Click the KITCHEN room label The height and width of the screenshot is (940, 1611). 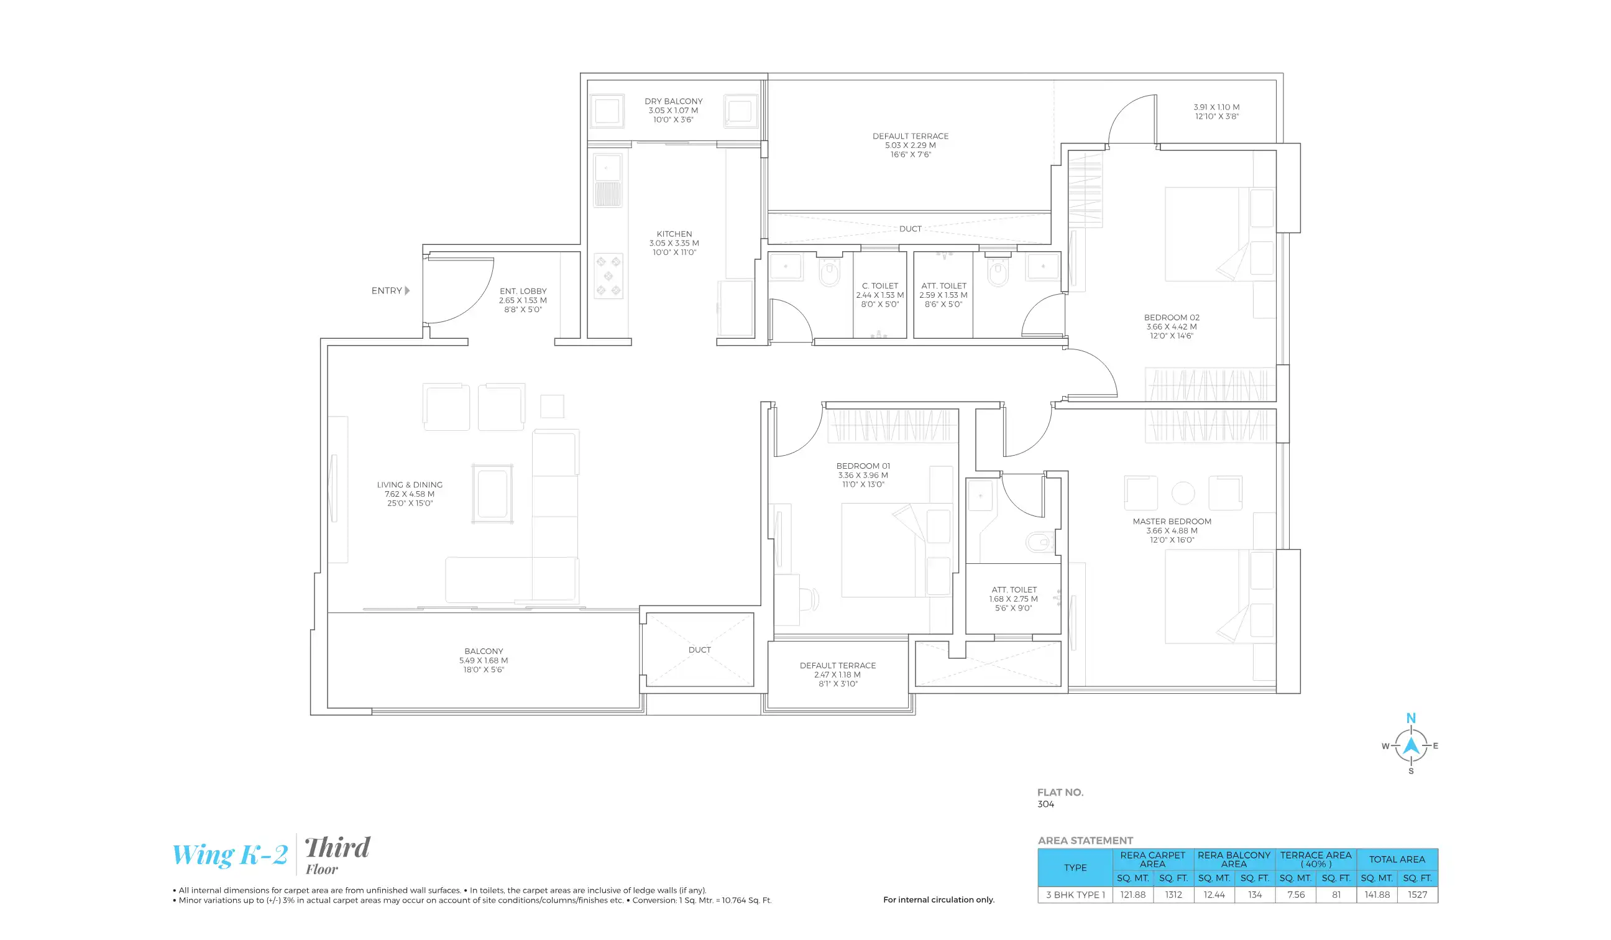674,234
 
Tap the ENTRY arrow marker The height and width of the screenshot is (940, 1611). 407,291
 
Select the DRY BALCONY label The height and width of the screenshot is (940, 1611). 673,102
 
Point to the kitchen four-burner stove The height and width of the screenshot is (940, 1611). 608,276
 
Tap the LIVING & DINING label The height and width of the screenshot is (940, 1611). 409,486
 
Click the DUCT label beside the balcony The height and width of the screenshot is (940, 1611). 699,650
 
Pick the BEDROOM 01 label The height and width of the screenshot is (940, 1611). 863,467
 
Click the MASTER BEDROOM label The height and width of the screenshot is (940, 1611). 1172,522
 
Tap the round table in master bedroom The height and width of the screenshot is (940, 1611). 1183,494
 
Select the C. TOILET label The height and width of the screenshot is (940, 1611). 879,287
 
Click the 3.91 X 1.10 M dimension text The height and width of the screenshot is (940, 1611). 1216,108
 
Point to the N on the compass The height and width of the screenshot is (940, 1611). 1410,719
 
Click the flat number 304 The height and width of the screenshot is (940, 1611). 1045,804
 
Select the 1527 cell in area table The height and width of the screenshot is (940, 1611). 1416,895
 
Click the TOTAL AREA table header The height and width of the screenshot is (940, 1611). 1396,860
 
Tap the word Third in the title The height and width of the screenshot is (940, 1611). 337,848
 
